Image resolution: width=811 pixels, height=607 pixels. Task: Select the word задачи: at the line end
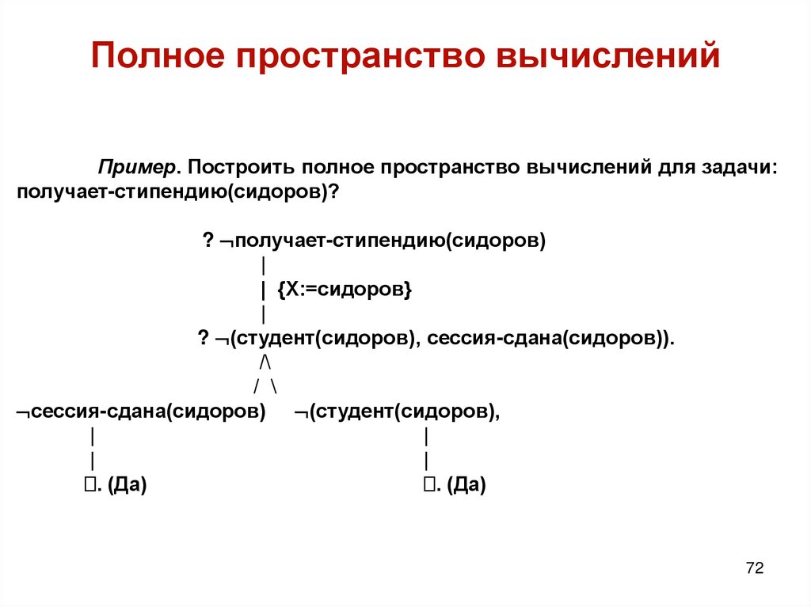coord(739,169)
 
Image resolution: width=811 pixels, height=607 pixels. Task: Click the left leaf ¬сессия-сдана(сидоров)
coord(141,412)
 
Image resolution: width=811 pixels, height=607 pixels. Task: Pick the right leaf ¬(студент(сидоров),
coord(397,412)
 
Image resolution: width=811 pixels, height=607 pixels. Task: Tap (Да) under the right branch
coord(465,485)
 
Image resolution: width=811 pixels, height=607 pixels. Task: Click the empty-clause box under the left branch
coord(89,485)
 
